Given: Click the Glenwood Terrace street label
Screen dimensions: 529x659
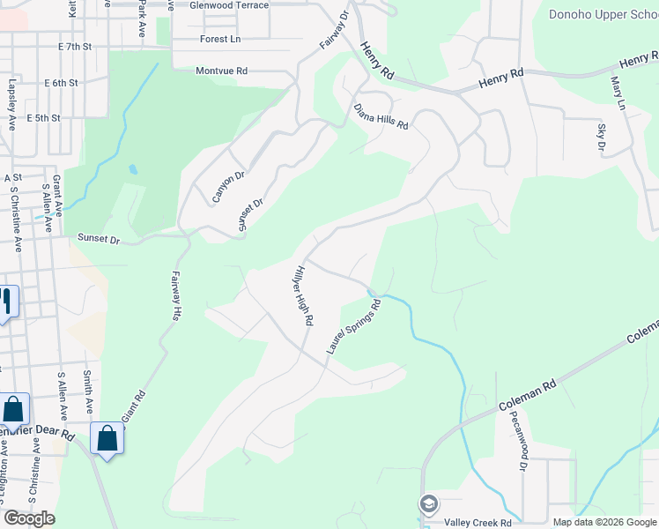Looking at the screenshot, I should (x=229, y=5).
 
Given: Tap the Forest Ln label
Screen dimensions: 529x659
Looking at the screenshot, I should (x=220, y=39).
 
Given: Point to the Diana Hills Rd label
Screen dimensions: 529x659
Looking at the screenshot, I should (x=381, y=115).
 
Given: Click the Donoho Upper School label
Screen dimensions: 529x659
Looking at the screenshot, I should (x=603, y=14).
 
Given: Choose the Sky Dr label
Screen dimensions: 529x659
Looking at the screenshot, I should (x=603, y=138).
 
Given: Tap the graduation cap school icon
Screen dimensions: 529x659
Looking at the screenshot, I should (x=429, y=505).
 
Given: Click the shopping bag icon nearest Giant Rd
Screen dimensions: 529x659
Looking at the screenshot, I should (x=107, y=437).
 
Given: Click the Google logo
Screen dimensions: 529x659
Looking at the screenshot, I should (x=29, y=518).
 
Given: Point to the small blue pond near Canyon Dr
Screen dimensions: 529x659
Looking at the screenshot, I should (x=132, y=168).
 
